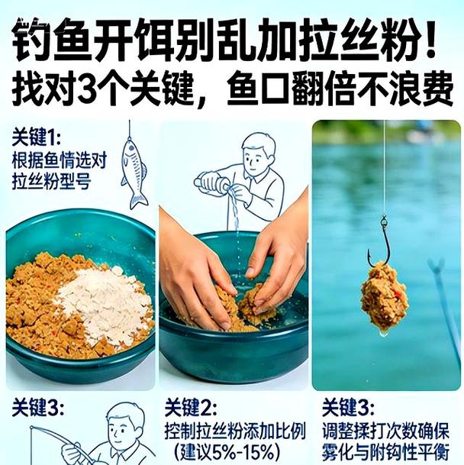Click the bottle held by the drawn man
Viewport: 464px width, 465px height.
coord(213,182)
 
